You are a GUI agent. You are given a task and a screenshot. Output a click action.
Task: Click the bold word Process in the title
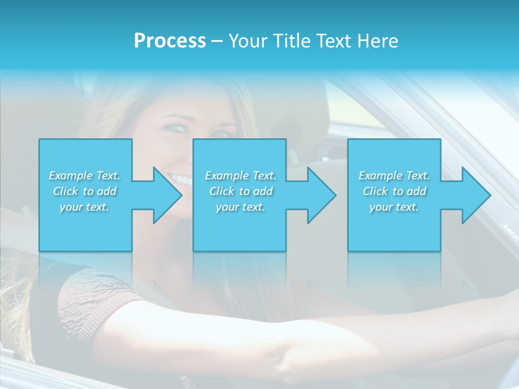[x=170, y=41]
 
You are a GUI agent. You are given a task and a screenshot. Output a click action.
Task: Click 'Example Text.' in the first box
[x=84, y=176]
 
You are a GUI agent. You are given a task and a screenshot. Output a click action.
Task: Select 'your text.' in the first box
[x=84, y=207]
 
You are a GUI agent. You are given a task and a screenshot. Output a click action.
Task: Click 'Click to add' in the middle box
[x=241, y=191]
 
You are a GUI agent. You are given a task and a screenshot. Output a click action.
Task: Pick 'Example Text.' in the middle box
[x=241, y=176]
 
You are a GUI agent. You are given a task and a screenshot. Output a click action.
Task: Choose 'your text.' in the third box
[x=394, y=207]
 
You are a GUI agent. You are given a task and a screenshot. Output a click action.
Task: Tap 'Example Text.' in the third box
[x=394, y=176]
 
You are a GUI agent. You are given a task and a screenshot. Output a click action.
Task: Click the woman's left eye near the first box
[x=177, y=129]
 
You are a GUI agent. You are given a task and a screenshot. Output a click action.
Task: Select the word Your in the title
[x=247, y=41]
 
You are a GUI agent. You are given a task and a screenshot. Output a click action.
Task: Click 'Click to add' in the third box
[x=394, y=191]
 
